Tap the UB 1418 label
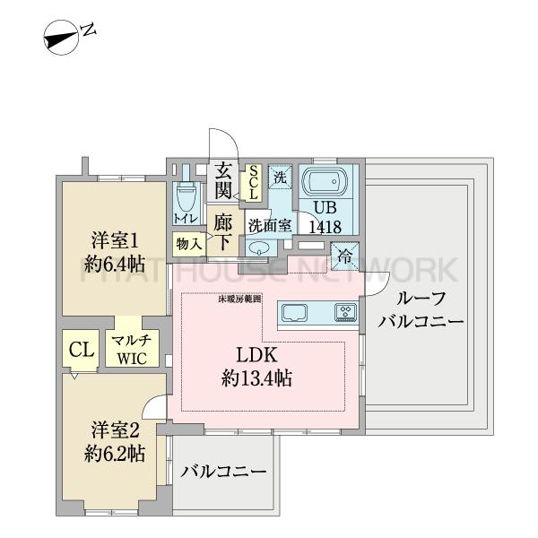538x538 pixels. pyautogui.click(x=325, y=218)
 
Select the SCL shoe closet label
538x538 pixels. pyautogui.click(x=253, y=183)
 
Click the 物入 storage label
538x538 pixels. pyautogui.click(x=187, y=243)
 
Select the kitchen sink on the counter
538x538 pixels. pyautogui.click(x=295, y=313)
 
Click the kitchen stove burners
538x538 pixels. pyautogui.click(x=346, y=313)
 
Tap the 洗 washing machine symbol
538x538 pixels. pyautogui.click(x=280, y=176)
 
